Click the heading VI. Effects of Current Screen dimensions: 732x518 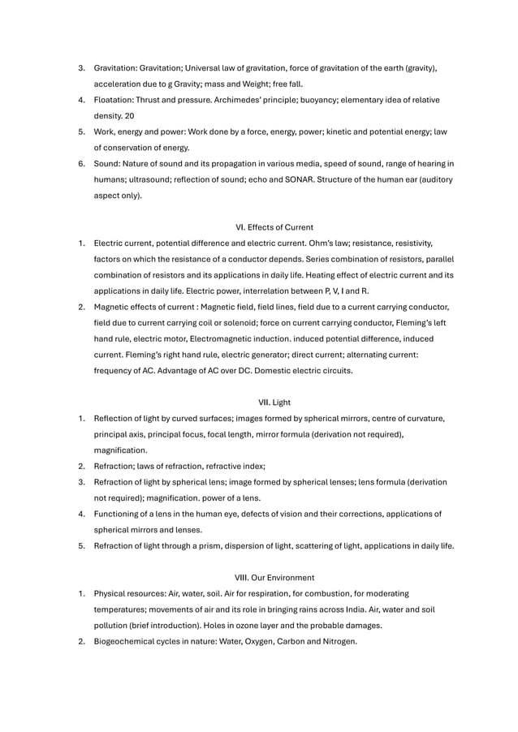pos(274,226)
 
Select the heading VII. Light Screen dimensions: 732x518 pos(274,402)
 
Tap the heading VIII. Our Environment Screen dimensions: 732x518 pos(274,577)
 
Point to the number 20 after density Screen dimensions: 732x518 pos(129,115)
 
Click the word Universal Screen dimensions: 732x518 pos(215,68)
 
